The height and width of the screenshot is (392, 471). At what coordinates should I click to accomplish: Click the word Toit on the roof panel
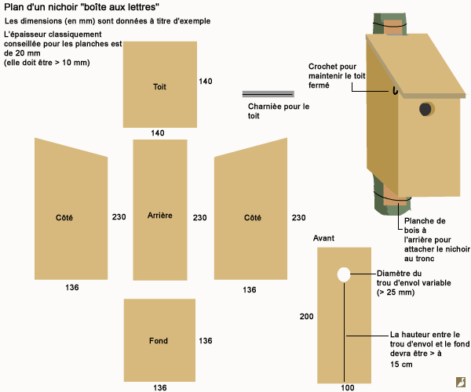159,85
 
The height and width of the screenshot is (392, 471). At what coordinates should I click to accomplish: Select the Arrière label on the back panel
159,215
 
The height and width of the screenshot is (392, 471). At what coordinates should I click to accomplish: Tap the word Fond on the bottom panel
159,341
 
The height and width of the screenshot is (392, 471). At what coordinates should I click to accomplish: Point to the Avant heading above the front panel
324,237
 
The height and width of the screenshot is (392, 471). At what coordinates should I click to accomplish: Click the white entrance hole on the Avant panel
343,274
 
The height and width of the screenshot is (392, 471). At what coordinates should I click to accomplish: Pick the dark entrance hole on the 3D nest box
425,109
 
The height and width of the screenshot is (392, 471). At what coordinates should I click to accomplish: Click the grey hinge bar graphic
268,93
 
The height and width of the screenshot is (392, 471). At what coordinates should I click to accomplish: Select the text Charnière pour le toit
279,111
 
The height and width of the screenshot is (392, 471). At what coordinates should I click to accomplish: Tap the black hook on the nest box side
396,91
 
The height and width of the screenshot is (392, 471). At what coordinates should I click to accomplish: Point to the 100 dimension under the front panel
348,387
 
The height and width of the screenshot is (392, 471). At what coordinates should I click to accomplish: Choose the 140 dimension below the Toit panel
158,133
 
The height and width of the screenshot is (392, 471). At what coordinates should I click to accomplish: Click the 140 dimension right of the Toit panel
206,81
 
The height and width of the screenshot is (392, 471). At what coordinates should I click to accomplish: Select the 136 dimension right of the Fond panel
206,341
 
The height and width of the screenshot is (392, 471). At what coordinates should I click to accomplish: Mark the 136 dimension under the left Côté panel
72,288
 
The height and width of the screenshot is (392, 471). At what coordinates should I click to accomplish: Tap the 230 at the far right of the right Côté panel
299,217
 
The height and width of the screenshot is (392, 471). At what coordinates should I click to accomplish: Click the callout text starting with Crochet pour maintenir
343,76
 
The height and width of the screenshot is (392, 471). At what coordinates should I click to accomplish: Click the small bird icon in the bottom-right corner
459,381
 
